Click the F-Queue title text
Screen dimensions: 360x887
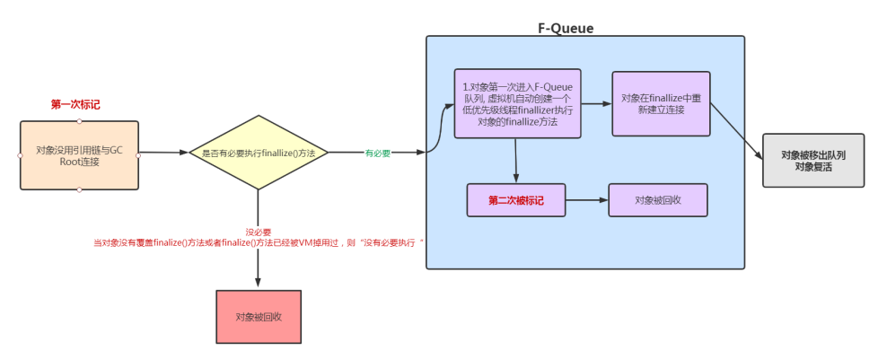click(x=566, y=29)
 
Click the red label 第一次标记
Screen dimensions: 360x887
click(x=75, y=105)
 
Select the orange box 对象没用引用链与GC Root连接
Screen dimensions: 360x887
click(x=80, y=155)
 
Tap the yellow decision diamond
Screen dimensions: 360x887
click(x=258, y=153)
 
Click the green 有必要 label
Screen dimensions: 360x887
click(x=377, y=154)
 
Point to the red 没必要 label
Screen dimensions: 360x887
click(x=259, y=232)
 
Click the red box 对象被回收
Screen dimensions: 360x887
click(x=259, y=317)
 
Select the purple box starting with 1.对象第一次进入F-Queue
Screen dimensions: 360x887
click(x=517, y=103)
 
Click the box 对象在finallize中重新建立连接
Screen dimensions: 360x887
click(x=661, y=103)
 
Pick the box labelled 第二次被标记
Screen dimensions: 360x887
click(x=517, y=200)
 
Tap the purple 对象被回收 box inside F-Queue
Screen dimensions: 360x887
click(x=658, y=200)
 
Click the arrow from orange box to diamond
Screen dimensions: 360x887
click(x=163, y=154)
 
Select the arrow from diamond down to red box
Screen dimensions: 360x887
click(x=259, y=260)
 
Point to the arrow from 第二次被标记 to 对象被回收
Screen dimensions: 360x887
click(x=588, y=200)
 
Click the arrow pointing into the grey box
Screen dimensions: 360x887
click(x=735, y=131)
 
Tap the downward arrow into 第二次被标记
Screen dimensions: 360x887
click(x=517, y=162)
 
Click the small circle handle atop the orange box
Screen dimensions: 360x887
click(x=80, y=121)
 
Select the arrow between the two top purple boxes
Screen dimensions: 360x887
click(x=596, y=103)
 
